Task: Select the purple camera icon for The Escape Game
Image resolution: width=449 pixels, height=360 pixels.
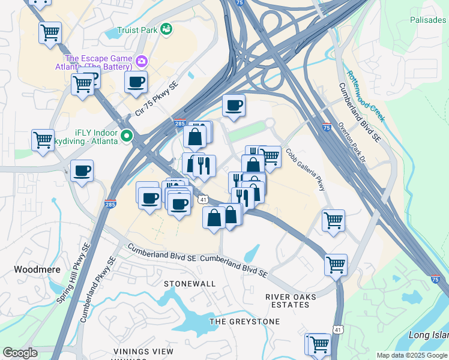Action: (x=142, y=61)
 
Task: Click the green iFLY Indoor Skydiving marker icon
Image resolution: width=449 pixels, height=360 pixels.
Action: (x=127, y=136)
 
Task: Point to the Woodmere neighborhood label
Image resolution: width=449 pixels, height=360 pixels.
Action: (x=37, y=269)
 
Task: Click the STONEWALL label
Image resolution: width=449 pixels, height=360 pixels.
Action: (x=190, y=283)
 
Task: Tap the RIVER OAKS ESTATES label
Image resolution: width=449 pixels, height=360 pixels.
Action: (x=288, y=301)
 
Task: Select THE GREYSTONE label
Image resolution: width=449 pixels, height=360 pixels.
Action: (x=244, y=322)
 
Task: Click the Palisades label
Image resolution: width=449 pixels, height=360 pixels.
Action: (x=428, y=20)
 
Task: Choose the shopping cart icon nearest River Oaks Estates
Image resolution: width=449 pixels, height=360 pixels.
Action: (x=336, y=263)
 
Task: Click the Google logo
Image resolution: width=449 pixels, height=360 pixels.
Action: (x=20, y=353)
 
